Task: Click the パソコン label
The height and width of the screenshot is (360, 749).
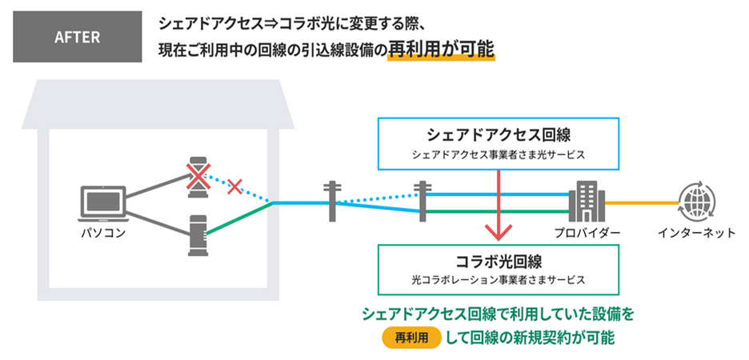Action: click(x=103, y=234)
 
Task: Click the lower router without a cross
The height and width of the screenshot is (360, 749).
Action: click(x=197, y=235)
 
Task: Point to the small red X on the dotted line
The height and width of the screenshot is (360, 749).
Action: click(x=234, y=187)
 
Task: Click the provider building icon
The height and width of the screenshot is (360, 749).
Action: click(x=582, y=202)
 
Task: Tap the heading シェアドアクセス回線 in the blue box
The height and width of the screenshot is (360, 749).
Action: click(x=496, y=134)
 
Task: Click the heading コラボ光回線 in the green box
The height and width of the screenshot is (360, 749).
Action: click(x=497, y=260)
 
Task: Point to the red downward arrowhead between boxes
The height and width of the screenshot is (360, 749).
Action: click(x=498, y=234)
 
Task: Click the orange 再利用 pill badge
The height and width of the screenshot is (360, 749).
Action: click(x=412, y=338)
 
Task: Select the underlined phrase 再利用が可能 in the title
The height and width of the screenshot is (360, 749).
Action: click(x=441, y=50)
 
